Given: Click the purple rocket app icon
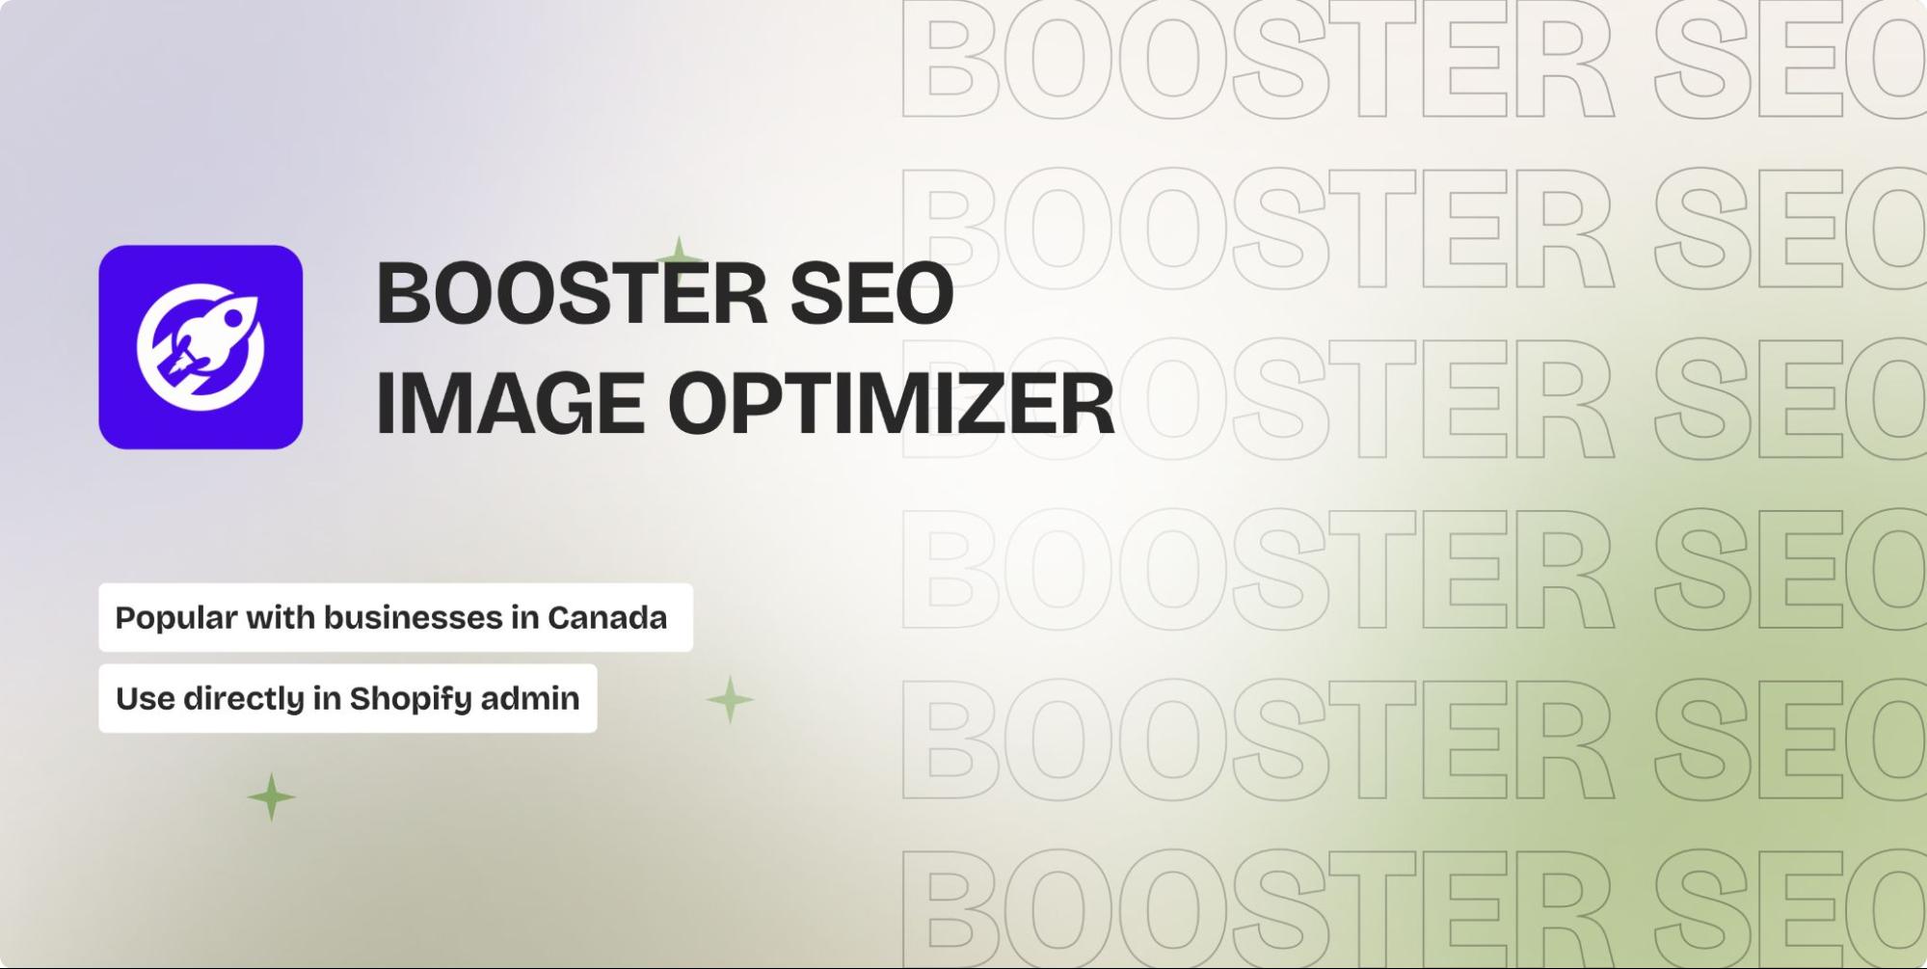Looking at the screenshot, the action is [x=201, y=347].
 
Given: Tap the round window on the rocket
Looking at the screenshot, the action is [x=233, y=317].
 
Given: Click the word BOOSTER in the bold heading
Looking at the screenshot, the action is [x=572, y=293].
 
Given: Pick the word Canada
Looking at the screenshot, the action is [x=607, y=617].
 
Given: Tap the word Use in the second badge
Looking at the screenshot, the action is [x=146, y=698].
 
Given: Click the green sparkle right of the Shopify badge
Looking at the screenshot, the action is [x=730, y=700].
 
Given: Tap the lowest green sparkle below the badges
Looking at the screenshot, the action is [x=272, y=797].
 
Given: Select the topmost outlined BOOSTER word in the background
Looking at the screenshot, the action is [x=1257, y=60].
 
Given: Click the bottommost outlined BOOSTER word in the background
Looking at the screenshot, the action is [x=1257, y=906].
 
